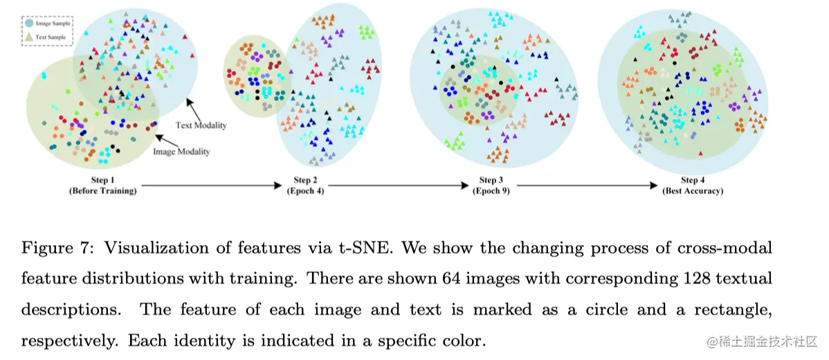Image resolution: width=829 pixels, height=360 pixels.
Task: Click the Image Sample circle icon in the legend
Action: tap(28, 23)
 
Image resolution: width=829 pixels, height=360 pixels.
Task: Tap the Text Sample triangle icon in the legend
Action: tap(28, 36)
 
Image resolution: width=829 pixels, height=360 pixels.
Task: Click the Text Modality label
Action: tap(201, 125)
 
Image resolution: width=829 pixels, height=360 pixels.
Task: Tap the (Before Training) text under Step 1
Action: tap(102, 190)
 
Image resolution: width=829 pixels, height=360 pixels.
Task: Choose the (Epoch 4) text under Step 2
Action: tap(305, 190)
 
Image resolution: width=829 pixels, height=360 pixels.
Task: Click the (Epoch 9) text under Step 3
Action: tap(491, 190)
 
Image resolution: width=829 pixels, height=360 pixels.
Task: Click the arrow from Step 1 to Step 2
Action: tap(212, 186)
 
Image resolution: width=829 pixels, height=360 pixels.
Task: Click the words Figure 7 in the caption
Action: tap(48, 248)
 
